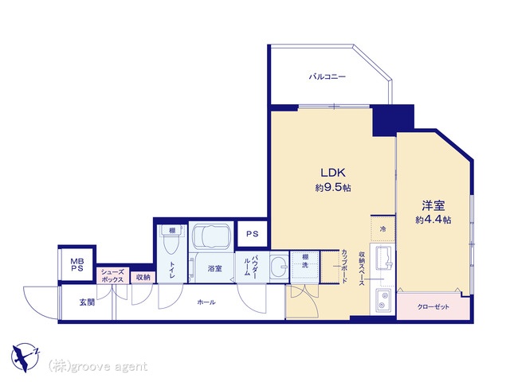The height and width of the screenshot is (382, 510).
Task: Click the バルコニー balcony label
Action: (328, 77)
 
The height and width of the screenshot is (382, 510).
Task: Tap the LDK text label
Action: (333, 173)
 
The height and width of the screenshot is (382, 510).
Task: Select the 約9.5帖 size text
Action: (333, 188)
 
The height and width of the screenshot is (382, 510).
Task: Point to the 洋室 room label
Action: (433, 205)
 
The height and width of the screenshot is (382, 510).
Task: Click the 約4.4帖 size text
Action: (433, 220)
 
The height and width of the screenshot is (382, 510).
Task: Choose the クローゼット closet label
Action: (433, 306)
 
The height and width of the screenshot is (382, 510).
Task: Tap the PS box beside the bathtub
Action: (253, 233)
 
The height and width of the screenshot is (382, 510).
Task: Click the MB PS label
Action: (77, 265)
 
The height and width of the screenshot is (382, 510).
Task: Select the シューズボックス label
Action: (112, 276)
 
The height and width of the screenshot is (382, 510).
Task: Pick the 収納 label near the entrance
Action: (143, 277)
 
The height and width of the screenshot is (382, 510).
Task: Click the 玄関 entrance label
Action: (87, 302)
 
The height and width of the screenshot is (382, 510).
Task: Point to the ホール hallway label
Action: (206, 302)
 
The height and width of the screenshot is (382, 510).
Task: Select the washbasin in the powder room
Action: (279, 267)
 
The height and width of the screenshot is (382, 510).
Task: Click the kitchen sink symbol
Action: (384, 258)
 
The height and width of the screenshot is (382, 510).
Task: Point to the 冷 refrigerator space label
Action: (382, 228)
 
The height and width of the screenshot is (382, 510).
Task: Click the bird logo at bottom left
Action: (25, 357)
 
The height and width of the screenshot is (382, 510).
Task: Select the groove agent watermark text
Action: (98, 366)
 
